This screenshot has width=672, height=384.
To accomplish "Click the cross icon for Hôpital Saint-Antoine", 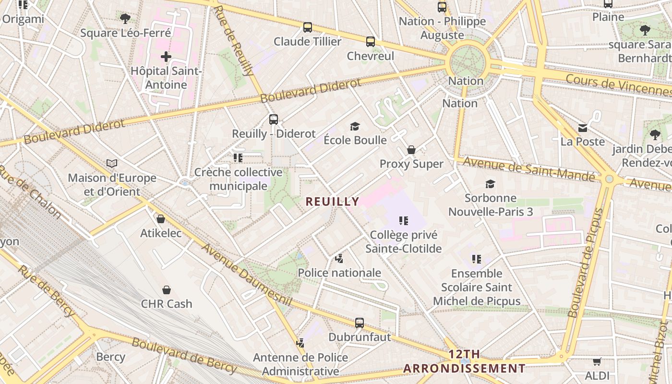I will (166, 57).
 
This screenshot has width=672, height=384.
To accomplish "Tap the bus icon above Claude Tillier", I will (308, 27).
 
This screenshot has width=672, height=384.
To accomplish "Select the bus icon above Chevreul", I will (371, 42).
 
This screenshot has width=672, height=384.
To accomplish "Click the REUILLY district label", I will (332, 202).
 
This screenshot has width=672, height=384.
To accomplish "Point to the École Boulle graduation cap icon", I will (355, 126).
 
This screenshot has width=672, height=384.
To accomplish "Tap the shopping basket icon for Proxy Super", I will (411, 150).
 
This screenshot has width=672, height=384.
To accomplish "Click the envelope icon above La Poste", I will (583, 128).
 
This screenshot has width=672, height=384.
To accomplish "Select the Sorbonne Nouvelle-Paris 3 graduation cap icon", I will (490, 184).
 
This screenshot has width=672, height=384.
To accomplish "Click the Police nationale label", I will (339, 273).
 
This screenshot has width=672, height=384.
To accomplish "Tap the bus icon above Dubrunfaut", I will (360, 323).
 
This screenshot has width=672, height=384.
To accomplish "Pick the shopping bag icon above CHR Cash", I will (167, 290).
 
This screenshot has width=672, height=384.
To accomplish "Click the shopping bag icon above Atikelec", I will (161, 219).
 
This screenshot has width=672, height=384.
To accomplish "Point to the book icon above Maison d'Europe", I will (112, 164).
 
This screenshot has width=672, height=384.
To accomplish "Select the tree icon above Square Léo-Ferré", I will (125, 19).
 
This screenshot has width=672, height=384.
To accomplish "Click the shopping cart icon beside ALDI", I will (597, 361).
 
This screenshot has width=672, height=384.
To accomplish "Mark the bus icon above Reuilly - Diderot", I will (274, 120).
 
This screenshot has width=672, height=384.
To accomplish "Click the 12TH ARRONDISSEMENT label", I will (464, 361).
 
